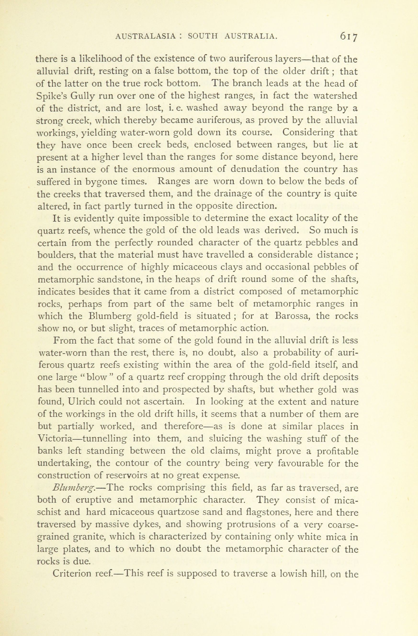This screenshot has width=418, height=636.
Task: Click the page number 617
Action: tap(348, 37)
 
